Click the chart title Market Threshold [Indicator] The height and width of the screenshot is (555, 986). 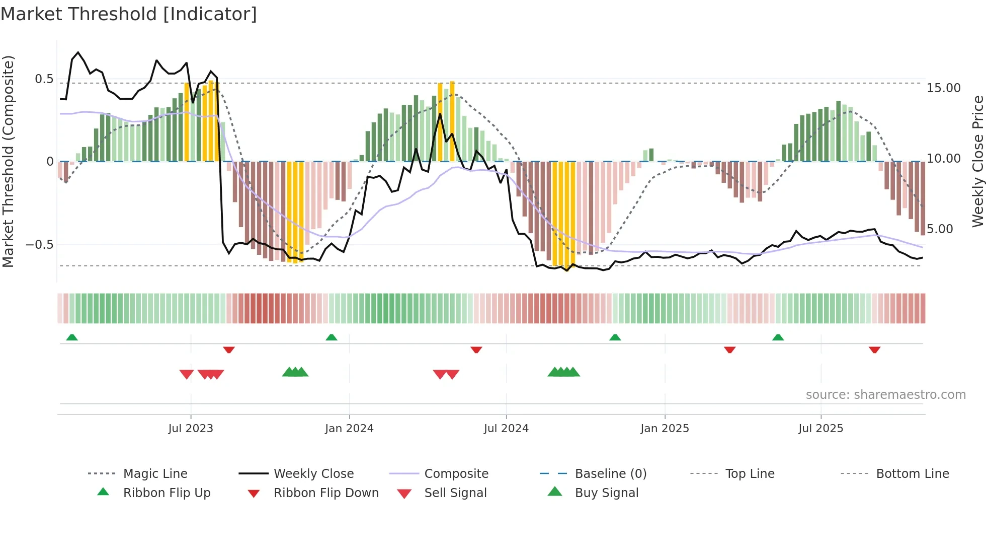[x=129, y=14]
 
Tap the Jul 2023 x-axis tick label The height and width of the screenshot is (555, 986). [x=191, y=429]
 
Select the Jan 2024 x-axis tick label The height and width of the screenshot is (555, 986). [x=349, y=429]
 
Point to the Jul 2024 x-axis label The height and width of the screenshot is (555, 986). [x=506, y=429]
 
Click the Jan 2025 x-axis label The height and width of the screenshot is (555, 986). [x=665, y=429]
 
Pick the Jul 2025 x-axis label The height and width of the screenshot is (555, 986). [x=820, y=429]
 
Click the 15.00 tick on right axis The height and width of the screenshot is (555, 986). [x=944, y=88]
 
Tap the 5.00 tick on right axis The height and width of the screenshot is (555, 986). [x=940, y=229]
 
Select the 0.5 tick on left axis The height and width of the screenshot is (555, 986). [x=44, y=79]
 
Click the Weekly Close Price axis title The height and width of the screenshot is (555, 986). [x=977, y=161]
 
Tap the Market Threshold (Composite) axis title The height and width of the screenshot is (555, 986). [x=8, y=161]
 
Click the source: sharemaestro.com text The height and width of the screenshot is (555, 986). [x=885, y=395]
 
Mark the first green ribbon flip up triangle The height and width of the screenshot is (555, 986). [x=72, y=337]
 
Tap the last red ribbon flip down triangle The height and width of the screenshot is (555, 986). [x=874, y=350]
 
